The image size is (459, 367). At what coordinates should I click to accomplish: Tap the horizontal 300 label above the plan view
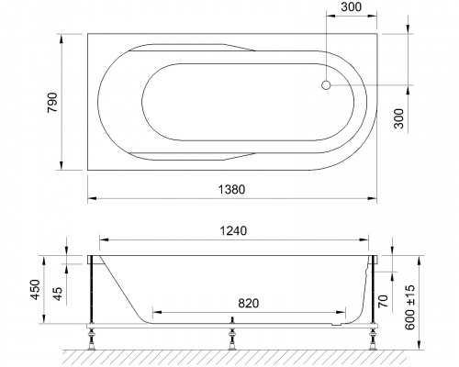pos(352,8)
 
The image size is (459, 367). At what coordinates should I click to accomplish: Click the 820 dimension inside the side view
pos(241,300)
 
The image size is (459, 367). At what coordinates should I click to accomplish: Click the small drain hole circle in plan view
pos(325,85)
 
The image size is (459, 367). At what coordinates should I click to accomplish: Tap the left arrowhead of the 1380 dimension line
pos(92,198)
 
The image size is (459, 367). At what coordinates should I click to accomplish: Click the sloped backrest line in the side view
pos(122,290)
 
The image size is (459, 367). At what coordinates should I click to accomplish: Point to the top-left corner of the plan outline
pos(88,34)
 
